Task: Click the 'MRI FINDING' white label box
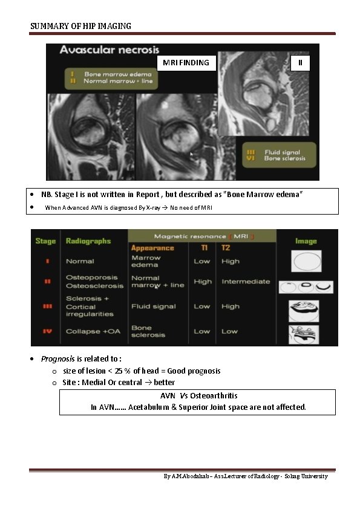(x=187, y=63)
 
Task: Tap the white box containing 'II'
(x=299, y=63)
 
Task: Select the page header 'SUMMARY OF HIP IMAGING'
(x=80, y=26)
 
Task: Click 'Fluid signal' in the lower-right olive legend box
(x=284, y=152)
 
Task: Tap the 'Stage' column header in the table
(x=45, y=241)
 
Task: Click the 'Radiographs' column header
(x=88, y=241)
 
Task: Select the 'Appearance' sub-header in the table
(x=152, y=248)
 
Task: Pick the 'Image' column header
(x=306, y=241)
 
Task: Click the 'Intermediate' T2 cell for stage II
(x=246, y=282)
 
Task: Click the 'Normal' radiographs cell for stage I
(x=80, y=262)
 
